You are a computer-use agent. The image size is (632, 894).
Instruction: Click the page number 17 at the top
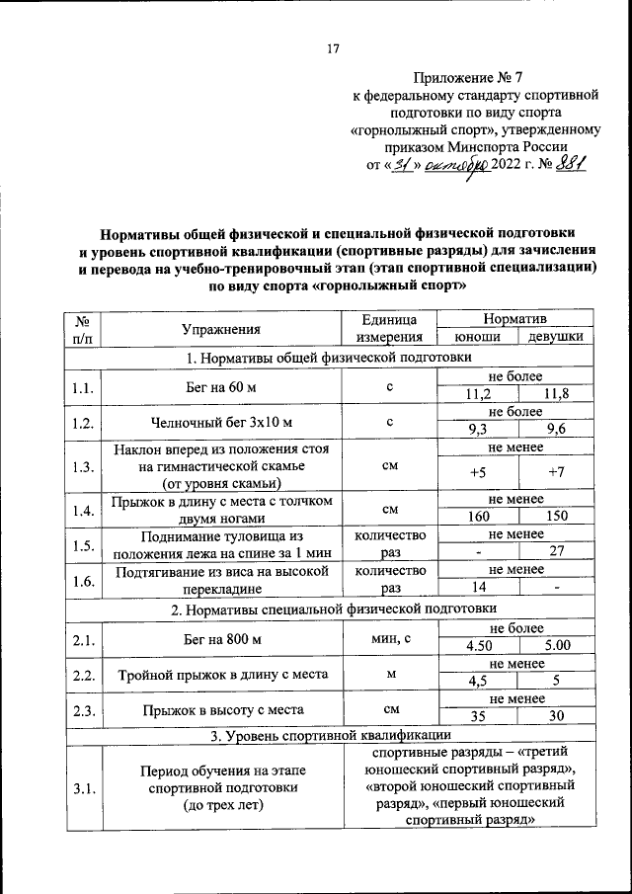point(333,46)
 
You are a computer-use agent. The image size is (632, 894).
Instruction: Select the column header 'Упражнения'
point(220,329)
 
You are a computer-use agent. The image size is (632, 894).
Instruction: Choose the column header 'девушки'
point(555,338)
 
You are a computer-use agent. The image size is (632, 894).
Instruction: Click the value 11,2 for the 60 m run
point(477,395)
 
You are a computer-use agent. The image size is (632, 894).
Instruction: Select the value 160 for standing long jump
point(477,516)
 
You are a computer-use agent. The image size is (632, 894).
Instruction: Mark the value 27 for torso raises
point(555,551)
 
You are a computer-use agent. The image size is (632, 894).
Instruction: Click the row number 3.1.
point(83,787)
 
